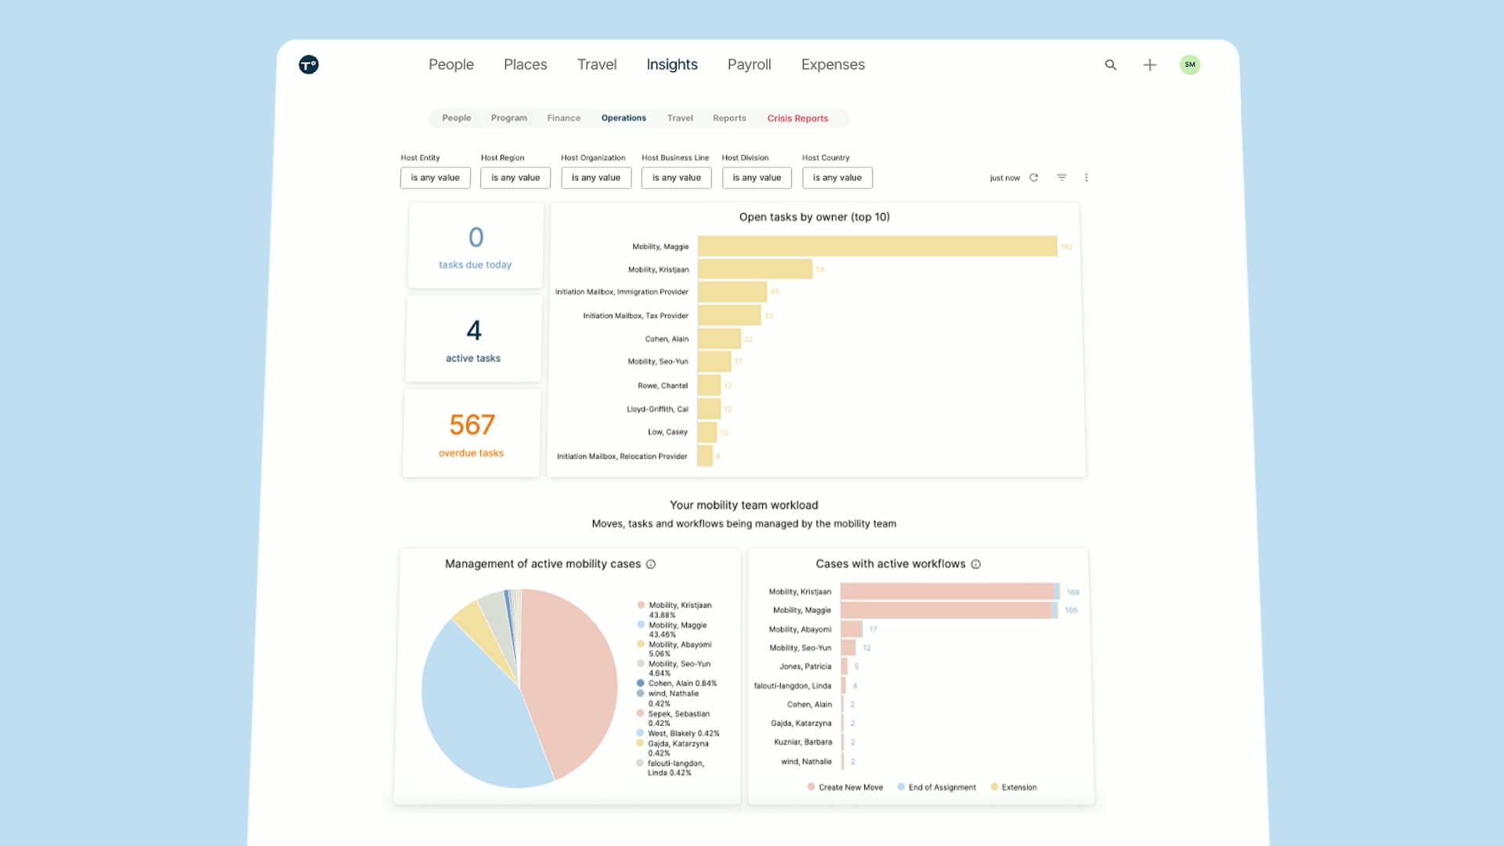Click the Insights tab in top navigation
(671, 64)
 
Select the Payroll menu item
(749, 64)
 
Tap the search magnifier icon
(1110, 65)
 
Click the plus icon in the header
(1149, 65)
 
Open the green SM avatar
(1189, 64)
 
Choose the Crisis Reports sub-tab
(797, 118)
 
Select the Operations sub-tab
(624, 118)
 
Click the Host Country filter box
(837, 178)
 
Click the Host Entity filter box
(435, 178)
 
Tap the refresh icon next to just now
(1033, 178)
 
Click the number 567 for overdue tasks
(472, 425)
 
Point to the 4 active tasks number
(473, 331)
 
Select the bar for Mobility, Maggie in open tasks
(877, 246)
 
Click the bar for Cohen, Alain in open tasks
(718, 338)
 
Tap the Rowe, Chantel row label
(662, 385)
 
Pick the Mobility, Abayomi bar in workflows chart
(851, 629)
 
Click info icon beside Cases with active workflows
(975, 564)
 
